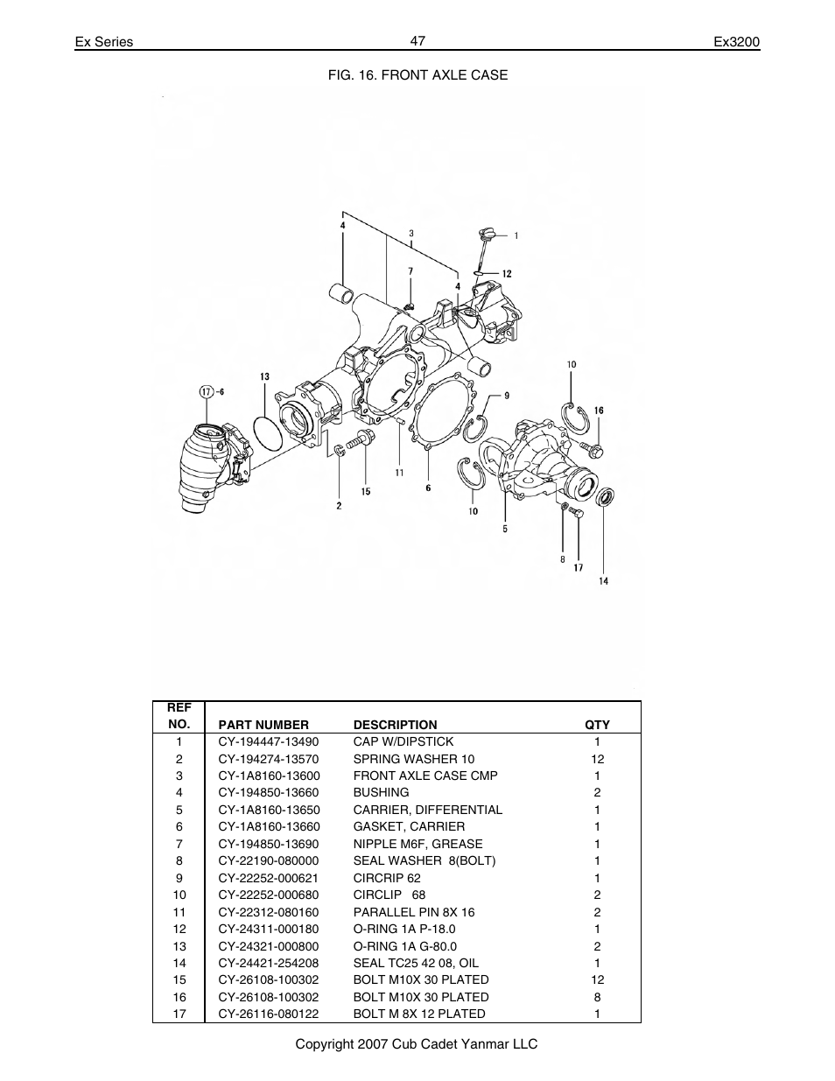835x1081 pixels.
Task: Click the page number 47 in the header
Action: pos(417,40)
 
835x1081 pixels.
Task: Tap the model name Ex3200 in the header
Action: pos(736,42)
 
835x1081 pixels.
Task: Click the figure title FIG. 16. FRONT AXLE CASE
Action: pos(417,75)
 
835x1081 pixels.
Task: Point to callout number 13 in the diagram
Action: pos(264,377)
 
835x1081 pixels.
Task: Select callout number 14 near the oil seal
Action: pos(603,581)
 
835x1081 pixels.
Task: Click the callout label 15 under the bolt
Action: pos(366,491)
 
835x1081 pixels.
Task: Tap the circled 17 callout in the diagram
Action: pos(207,391)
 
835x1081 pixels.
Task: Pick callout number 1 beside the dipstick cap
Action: pos(516,235)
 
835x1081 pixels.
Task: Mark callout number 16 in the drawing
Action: pos(599,410)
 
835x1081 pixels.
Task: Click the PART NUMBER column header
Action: pos(263,725)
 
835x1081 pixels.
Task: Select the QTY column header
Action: pos(597,725)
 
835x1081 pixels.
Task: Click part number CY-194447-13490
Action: pos(269,741)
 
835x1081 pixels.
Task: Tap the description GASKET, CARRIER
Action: pos(409,826)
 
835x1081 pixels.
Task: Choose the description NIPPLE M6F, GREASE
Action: pos(417,844)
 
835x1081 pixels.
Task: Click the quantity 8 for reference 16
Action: pos(597,997)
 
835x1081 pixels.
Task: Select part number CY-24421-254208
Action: pos(269,963)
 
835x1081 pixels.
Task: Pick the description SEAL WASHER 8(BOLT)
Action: pos(424,860)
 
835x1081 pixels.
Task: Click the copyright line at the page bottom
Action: pos(416,1044)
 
